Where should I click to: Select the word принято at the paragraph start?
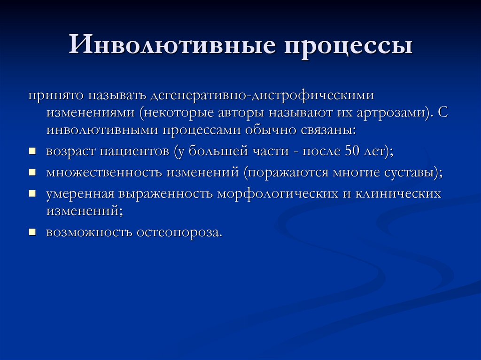(54, 95)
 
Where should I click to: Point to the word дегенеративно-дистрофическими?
(256, 96)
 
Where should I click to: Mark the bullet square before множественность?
(32, 173)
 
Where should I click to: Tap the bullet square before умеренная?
(32, 193)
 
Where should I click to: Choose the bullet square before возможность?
(32, 232)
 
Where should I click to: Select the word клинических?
(398, 193)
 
